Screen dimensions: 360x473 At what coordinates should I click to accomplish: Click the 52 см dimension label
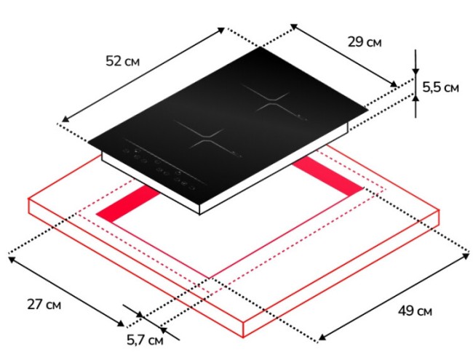point(122,61)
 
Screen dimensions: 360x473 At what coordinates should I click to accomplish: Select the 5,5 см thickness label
point(440,88)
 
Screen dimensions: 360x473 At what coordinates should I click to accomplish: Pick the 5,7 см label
point(145,340)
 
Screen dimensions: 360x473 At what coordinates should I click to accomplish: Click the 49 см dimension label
point(416,311)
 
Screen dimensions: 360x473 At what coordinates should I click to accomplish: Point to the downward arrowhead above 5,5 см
point(416,73)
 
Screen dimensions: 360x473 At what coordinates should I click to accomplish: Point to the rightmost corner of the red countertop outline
point(442,210)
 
